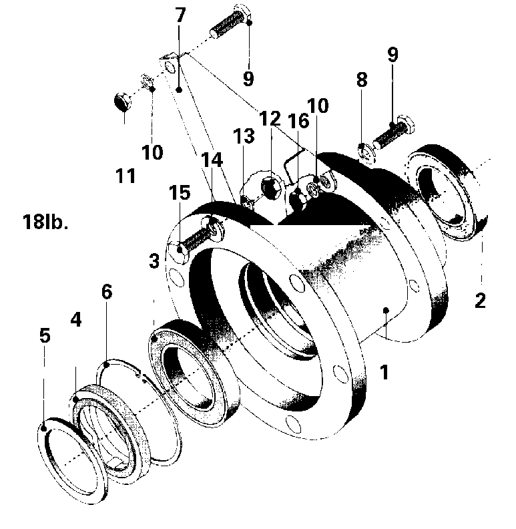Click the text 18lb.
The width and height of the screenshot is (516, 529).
(x=45, y=222)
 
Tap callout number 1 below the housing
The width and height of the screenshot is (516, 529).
(x=384, y=372)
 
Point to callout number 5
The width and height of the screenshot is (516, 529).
(x=45, y=335)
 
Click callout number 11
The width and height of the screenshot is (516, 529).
(x=125, y=176)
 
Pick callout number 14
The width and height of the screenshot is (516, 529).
(x=212, y=160)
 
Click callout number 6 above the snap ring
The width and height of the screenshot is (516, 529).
(x=107, y=291)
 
